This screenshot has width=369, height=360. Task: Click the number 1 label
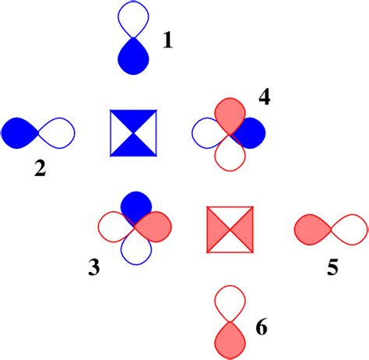click(x=167, y=39)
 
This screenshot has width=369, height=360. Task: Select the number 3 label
click(x=94, y=269)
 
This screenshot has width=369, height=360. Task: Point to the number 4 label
click(x=265, y=98)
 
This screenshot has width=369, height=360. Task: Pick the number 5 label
click(x=332, y=267)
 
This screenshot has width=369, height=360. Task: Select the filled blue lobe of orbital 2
click(x=19, y=132)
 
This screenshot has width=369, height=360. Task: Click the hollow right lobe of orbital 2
click(x=58, y=132)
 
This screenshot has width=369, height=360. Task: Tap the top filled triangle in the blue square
click(x=134, y=122)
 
